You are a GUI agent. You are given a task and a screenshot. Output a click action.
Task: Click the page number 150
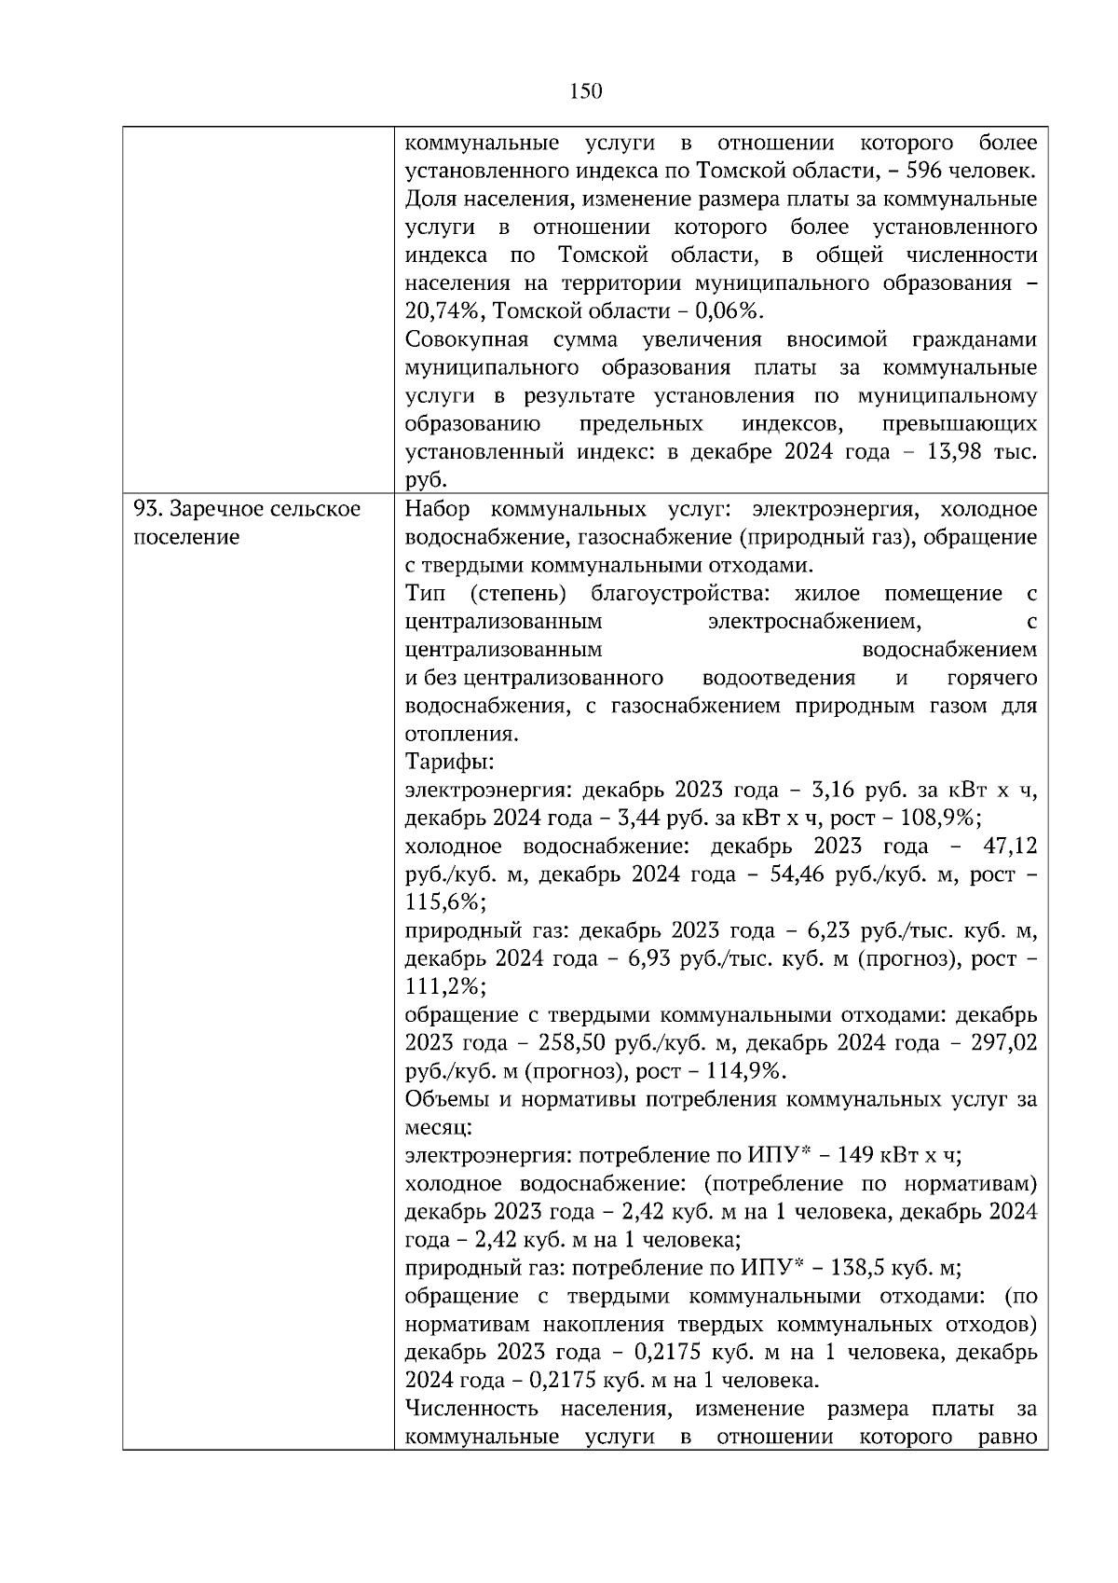click(x=585, y=90)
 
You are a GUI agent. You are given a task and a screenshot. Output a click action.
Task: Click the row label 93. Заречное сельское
click(x=246, y=509)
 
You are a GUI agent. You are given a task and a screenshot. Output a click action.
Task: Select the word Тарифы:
click(x=450, y=762)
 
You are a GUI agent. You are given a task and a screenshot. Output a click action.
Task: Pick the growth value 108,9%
click(x=944, y=819)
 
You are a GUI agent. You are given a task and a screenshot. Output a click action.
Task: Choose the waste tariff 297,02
click(x=1002, y=1042)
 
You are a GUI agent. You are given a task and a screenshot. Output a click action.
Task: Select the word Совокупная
click(x=467, y=339)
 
